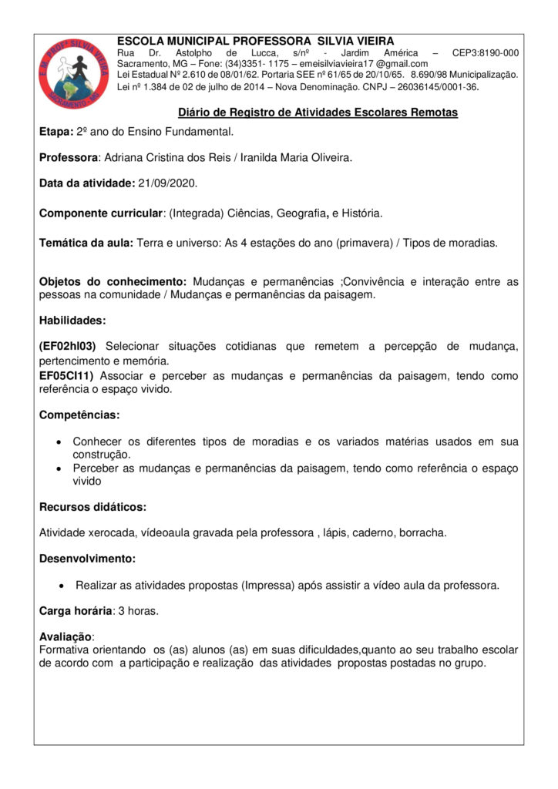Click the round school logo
[74, 71]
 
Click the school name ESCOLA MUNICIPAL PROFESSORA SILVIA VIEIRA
[255, 40]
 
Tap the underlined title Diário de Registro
[318, 112]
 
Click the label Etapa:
[55, 132]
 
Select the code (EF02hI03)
[68, 347]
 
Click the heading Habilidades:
[72, 319]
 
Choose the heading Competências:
[79, 415]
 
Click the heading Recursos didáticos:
[92, 507]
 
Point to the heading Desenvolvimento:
[87, 558]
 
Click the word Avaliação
[65, 636]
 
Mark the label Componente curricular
[102, 213]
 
